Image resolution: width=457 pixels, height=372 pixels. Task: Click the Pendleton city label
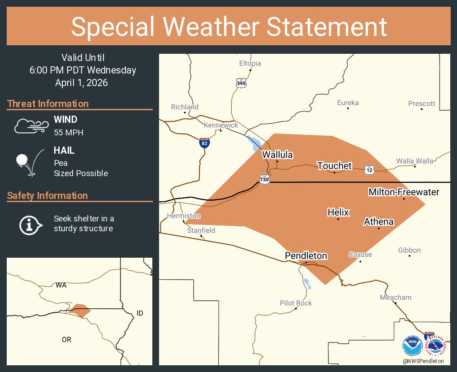coord(306,256)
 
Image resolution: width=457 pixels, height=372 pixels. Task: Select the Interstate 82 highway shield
coord(204,143)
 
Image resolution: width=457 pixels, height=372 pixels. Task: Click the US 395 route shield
coord(241,82)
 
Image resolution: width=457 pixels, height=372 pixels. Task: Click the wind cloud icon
coord(30,126)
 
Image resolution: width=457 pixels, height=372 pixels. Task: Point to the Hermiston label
coord(183,216)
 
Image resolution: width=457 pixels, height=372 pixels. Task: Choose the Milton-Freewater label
coord(403,192)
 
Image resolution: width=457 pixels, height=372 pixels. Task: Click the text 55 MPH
coord(69,133)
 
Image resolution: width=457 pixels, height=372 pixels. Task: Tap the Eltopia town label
coord(250,63)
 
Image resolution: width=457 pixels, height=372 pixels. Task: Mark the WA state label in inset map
coord(61,285)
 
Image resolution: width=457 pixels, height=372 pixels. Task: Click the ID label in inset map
coord(140,313)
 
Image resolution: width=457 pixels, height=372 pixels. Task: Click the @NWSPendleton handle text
coord(423,361)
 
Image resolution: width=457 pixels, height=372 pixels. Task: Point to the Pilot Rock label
coord(296,303)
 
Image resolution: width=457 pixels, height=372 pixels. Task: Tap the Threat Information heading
coord(48,104)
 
